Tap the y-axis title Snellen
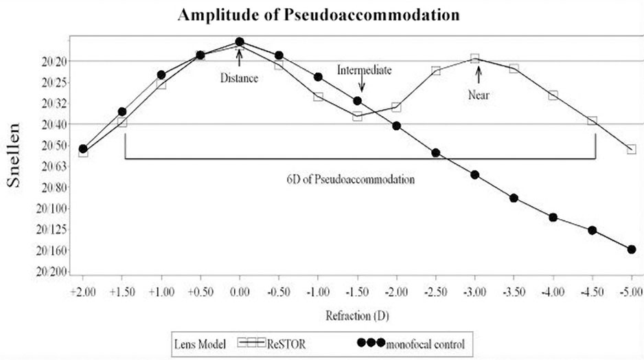(x=19, y=156)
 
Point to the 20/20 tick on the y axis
(x=54, y=61)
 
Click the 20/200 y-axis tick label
(x=51, y=272)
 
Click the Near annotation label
(x=479, y=95)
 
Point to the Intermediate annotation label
(x=364, y=69)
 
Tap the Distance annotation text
(x=239, y=78)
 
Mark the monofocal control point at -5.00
(x=632, y=249)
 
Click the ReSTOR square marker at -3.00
(x=474, y=59)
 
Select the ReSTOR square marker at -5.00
(x=632, y=149)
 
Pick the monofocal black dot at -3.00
(x=474, y=175)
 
